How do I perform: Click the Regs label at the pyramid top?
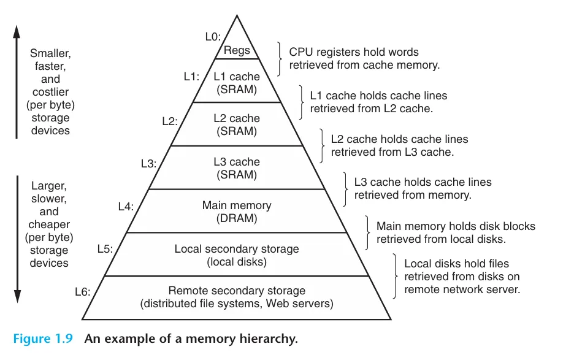(x=237, y=51)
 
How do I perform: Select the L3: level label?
(x=149, y=164)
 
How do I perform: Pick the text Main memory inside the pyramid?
(x=237, y=206)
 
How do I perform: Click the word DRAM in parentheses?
(x=237, y=218)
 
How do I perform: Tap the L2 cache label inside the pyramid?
(x=237, y=118)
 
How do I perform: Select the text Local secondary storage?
(x=237, y=249)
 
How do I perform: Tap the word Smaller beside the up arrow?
(x=50, y=53)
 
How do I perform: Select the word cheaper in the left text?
(x=49, y=224)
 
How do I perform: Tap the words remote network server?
(x=462, y=289)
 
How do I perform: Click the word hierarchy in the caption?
(x=271, y=338)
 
